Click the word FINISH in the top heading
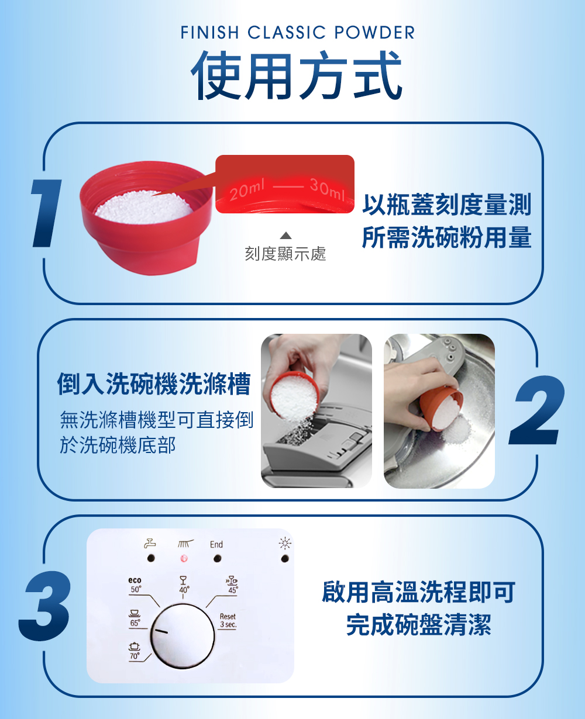[x=210, y=32]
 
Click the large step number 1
[x=46, y=213]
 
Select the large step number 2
[x=536, y=410]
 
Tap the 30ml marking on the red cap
[x=328, y=190]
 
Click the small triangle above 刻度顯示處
[x=285, y=235]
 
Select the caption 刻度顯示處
[x=285, y=254]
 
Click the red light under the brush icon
[x=184, y=558]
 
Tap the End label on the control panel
[x=216, y=544]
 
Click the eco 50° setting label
[x=135, y=585]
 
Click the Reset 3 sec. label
[x=228, y=620]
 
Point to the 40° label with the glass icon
[x=184, y=585]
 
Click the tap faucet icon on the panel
[x=150, y=543]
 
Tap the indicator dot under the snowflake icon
[x=285, y=559]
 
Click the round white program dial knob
[x=183, y=636]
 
